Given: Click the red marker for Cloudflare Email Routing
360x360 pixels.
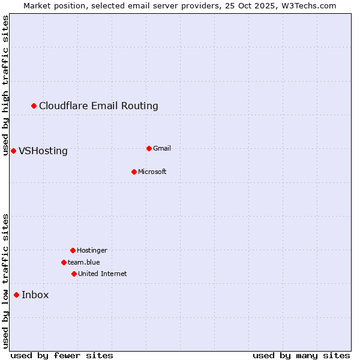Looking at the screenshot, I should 34,106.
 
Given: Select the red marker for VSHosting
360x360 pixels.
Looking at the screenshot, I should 13,151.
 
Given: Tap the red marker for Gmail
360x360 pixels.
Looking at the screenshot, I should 149,148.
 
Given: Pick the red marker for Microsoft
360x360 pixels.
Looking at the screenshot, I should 134,172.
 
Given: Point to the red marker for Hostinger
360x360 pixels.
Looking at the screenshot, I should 73,250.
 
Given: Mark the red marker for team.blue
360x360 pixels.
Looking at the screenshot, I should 64,262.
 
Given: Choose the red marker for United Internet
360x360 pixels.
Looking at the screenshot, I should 74,274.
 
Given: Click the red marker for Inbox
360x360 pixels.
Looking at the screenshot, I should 16,295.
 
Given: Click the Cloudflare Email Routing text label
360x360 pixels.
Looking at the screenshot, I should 98,106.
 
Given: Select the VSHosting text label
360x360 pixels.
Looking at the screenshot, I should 43,151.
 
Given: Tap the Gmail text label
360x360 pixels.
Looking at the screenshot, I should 162,148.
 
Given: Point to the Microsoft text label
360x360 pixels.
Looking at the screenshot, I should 152,172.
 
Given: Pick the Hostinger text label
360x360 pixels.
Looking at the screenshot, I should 92,250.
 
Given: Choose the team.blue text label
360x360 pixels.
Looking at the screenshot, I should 84,262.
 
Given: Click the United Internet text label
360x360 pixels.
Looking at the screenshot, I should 103,274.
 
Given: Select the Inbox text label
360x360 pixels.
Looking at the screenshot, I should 35,295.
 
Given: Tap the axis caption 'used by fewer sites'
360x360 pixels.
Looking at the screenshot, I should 62,355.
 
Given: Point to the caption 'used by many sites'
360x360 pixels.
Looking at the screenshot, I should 301,355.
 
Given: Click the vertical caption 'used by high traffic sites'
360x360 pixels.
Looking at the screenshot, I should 5,85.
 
